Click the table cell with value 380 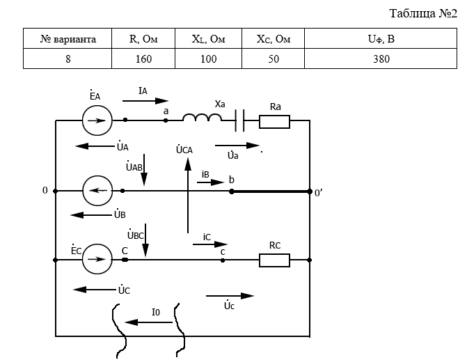pyautogui.click(x=381, y=58)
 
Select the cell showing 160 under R pyautogui.click(x=143, y=58)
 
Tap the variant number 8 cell pyautogui.click(x=68, y=58)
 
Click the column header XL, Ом pyautogui.click(x=208, y=39)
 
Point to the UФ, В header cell pyautogui.click(x=381, y=39)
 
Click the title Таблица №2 pyautogui.click(x=423, y=13)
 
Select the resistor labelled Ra pyautogui.click(x=274, y=122)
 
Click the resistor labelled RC pyautogui.click(x=274, y=260)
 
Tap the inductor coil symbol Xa pyautogui.click(x=202, y=118)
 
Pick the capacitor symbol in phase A pyautogui.click(x=239, y=120)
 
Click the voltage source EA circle pyautogui.click(x=97, y=120)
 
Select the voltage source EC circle pyautogui.click(x=97, y=259)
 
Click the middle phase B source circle pyautogui.click(x=97, y=191)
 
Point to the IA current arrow pyautogui.click(x=145, y=101)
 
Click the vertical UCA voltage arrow pyautogui.click(x=188, y=195)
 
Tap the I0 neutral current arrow pyautogui.click(x=148, y=322)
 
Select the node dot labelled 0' pyautogui.click(x=310, y=191)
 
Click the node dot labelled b pyautogui.click(x=232, y=191)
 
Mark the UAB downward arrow pyautogui.click(x=144, y=170)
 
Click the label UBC pyautogui.click(x=136, y=235)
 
